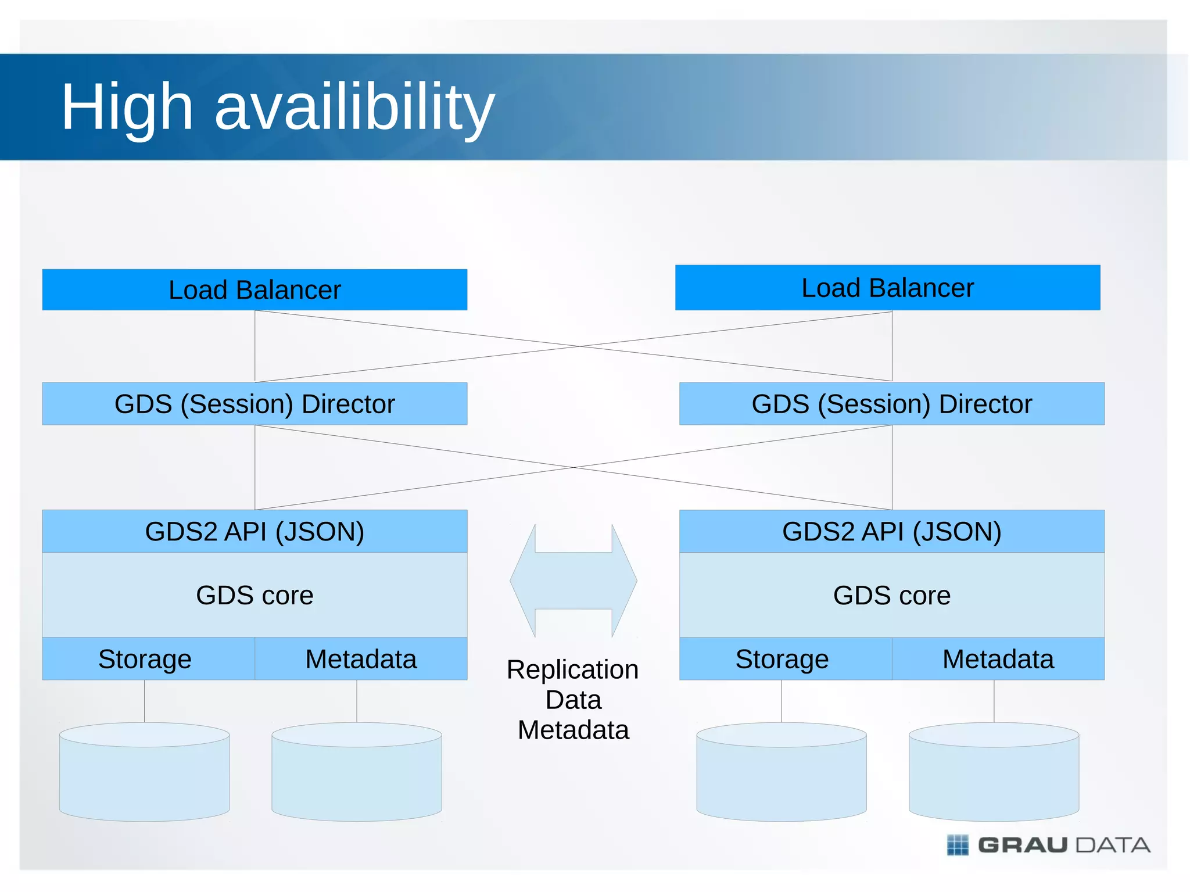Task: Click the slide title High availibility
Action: pos(278,108)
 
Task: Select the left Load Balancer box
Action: pos(255,289)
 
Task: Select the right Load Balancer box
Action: pos(887,288)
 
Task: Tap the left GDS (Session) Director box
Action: pos(255,404)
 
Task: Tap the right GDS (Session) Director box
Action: pos(891,404)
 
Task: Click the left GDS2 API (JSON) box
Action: pos(255,531)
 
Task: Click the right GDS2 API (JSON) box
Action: pos(891,531)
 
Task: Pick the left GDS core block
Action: pos(255,595)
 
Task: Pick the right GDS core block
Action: pos(891,595)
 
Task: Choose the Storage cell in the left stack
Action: pos(145,659)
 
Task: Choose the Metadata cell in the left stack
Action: pos(361,659)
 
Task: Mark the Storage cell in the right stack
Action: pos(782,659)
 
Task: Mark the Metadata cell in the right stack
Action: pos(998,659)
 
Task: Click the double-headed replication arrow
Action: pos(573,581)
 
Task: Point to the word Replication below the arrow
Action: pos(572,669)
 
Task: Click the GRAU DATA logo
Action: pos(1048,845)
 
